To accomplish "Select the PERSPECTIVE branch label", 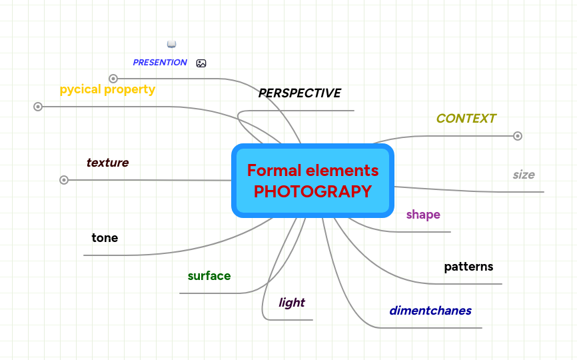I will [300, 93].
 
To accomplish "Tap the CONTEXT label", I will [466, 119].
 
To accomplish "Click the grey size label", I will [524, 175].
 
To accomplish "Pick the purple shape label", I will [423, 215].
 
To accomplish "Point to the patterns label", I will [468, 267].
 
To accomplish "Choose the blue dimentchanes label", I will [430, 311].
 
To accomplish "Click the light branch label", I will [292, 303].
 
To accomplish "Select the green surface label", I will [209, 276].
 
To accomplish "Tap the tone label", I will [105, 238].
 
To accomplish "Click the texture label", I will [107, 163].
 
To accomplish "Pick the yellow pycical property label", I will [107, 89].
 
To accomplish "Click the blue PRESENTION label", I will [160, 63].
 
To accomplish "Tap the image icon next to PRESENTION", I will [201, 63].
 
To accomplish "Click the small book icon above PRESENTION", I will [171, 44].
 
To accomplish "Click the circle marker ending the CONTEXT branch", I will [518, 136].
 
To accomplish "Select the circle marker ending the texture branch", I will [64, 180].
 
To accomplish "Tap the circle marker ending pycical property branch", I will [38, 107].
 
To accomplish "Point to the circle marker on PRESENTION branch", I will [113, 79].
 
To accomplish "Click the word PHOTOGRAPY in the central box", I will [312, 191].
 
